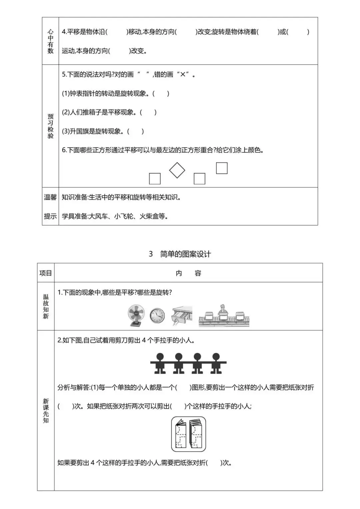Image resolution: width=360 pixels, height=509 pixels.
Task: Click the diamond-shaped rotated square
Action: [x=177, y=170]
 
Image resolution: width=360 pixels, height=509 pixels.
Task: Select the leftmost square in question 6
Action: [x=155, y=179]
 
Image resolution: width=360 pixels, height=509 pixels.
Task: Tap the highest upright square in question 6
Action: [x=222, y=168]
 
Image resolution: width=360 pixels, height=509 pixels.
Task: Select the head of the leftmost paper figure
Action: [x=160, y=356]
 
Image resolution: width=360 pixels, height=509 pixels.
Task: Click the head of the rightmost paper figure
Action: [x=216, y=356]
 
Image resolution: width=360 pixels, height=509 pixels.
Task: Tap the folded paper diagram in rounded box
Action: [x=188, y=434]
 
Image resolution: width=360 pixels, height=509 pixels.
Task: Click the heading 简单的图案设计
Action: [x=185, y=254]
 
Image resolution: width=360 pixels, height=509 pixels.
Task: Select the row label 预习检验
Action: [x=50, y=126]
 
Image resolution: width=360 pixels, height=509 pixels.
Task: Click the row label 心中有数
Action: [x=50, y=41]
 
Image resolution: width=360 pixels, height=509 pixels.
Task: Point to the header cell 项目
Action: [x=46, y=273]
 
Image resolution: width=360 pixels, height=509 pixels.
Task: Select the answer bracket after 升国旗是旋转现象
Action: [x=135, y=131]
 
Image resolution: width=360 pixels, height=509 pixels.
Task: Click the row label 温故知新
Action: [x=46, y=306]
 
